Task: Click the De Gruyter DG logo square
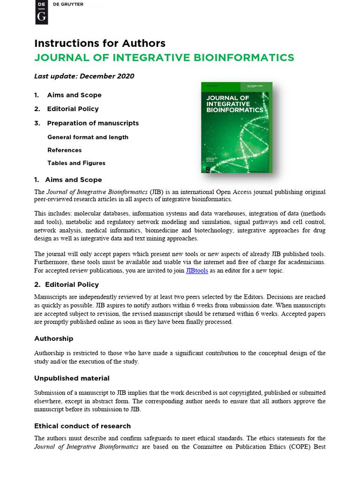click(42, 12)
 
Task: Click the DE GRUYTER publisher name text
click(68, 4)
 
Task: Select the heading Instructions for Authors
click(100, 44)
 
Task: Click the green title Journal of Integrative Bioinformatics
click(164, 58)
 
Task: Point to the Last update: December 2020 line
click(84, 76)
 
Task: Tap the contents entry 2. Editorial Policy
click(66, 109)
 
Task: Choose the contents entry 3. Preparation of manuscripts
click(86, 123)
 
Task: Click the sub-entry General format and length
click(88, 137)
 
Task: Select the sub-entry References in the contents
click(64, 150)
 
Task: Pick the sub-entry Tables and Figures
click(76, 163)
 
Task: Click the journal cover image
click(237, 127)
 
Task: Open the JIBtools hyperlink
click(197, 271)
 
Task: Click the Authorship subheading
click(53, 338)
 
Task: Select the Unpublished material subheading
click(72, 378)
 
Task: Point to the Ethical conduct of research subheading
click(82, 426)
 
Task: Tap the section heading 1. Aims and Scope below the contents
click(68, 180)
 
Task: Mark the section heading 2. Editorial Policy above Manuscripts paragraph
click(67, 285)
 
